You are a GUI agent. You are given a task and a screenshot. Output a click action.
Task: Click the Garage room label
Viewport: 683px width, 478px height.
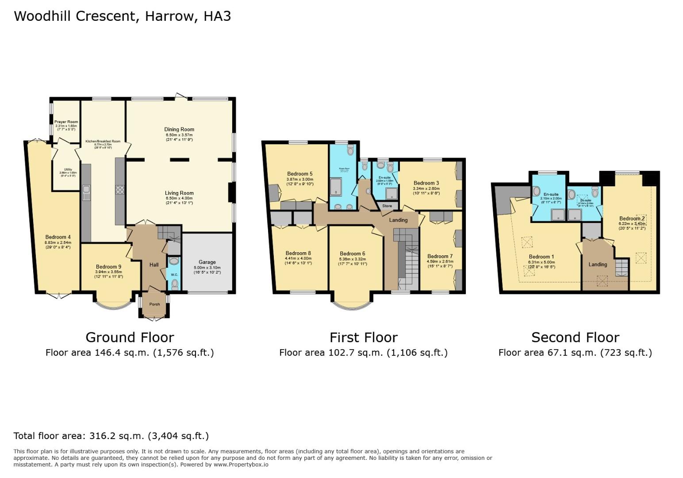(207, 262)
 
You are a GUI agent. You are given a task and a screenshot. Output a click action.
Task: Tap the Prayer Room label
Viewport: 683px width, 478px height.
(66, 122)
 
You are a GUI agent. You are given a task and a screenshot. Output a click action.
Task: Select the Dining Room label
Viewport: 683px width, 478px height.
(180, 129)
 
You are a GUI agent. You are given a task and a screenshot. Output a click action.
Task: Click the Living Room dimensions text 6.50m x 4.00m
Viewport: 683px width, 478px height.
(180, 198)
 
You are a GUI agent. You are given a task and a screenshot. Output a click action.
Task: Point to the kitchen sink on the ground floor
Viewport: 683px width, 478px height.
(86, 191)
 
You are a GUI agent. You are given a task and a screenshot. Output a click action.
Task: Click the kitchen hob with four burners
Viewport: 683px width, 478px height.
(120, 190)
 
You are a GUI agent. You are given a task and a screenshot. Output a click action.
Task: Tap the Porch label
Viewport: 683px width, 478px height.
(154, 304)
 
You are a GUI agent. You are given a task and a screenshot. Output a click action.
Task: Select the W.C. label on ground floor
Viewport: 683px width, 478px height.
(174, 274)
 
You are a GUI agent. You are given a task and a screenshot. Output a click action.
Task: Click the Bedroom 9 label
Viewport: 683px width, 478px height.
(108, 266)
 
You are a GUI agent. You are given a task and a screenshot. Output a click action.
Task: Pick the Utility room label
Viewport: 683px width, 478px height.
(68, 169)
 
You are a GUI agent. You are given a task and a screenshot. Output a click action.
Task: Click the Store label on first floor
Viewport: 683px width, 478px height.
(387, 206)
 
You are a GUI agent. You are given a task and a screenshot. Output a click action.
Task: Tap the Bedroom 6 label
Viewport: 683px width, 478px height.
(353, 254)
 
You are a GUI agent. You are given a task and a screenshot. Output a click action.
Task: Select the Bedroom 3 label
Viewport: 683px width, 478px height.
(426, 183)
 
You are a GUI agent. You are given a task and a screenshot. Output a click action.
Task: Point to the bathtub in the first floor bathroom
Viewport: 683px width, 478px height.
(337, 187)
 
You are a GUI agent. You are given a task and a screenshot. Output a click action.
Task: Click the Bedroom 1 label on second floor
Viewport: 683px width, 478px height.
(541, 257)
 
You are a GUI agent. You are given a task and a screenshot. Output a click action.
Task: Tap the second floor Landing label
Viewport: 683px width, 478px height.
(598, 264)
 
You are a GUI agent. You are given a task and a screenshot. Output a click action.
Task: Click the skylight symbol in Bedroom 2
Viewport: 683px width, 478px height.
(640, 257)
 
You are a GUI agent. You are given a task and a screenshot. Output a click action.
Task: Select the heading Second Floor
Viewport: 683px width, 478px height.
(575, 337)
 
